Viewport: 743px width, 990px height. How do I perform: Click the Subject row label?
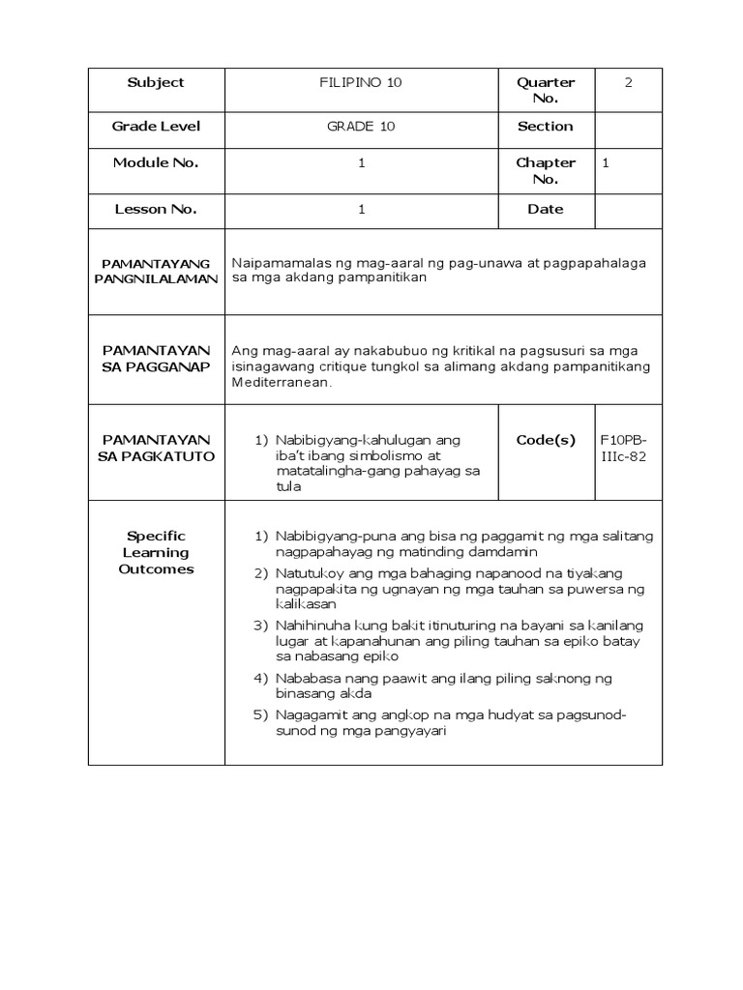point(156,83)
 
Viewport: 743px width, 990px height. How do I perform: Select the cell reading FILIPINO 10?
point(361,83)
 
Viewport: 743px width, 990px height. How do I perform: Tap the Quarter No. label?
point(546,91)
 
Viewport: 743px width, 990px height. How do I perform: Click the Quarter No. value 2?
point(628,83)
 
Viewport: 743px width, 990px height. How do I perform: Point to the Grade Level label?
point(156,127)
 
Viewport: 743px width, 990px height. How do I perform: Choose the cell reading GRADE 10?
point(361,127)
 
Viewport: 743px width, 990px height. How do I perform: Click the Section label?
point(546,127)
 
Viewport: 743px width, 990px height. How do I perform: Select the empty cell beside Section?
point(628,127)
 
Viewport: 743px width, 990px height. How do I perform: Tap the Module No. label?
point(156,162)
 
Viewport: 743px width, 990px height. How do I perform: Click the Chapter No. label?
point(546,171)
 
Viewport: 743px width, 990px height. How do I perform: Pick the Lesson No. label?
point(156,209)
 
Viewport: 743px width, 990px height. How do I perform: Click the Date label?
point(546,209)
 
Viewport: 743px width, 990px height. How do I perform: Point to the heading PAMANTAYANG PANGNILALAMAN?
point(156,271)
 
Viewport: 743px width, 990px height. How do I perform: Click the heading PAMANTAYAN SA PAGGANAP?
point(156,359)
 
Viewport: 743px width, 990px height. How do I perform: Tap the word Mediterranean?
point(282,382)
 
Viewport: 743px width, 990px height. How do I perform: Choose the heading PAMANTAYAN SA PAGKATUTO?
point(156,448)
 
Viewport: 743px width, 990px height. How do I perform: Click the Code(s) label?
point(546,440)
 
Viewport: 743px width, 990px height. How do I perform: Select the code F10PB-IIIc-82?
point(624,448)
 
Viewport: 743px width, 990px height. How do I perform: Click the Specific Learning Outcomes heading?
point(156,552)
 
